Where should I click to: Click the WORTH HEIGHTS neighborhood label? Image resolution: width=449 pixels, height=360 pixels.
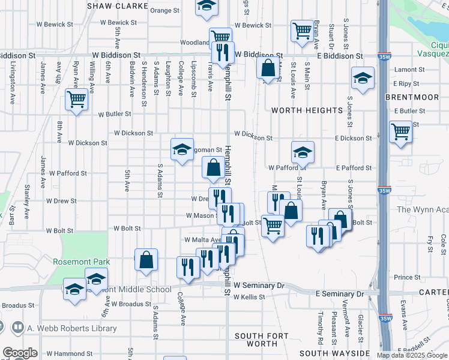click(x=307, y=110)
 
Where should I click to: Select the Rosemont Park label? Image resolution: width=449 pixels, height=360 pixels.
click(x=82, y=262)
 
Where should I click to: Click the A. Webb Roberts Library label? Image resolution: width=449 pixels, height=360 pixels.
click(x=72, y=328)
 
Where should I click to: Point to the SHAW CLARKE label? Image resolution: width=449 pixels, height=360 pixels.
click(x=118, y=6)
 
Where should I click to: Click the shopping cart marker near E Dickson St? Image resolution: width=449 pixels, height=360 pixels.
click(x=400, y=131)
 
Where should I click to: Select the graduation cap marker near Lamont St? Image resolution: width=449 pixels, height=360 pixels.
click(x=363, y=79)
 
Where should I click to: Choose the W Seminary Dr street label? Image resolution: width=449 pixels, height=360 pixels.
click(x=259, y=286)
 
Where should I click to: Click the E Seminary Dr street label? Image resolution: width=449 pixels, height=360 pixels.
click(x=340, y=295)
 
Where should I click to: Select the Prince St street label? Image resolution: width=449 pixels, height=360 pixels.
click(x=408, y=277)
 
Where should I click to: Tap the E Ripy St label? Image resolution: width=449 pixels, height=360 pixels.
click(x=406, y=84)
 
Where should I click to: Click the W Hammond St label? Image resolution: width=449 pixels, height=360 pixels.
click(x=70, y=355)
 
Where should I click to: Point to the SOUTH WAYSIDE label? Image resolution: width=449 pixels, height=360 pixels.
click(x=334, y=353)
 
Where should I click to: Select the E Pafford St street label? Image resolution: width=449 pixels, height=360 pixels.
click(x=354, y=168)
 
